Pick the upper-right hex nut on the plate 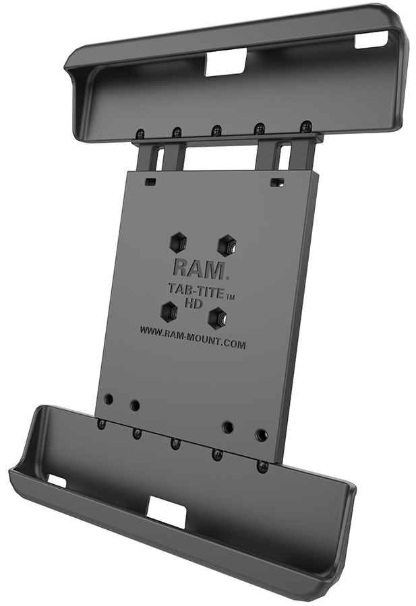click(x=226, y=244)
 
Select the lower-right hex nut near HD click(x=218, y=316)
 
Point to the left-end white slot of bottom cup click(x=57, y=481)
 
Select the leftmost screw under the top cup click(x=140, y=133)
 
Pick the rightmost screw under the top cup click(x=306, y=127)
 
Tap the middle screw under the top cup click(x=216, y=130)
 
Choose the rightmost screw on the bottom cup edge click(x=262, y=466)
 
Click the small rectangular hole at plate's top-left click(x=150, y=182)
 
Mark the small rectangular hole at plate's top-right click(x=275, y=182)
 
